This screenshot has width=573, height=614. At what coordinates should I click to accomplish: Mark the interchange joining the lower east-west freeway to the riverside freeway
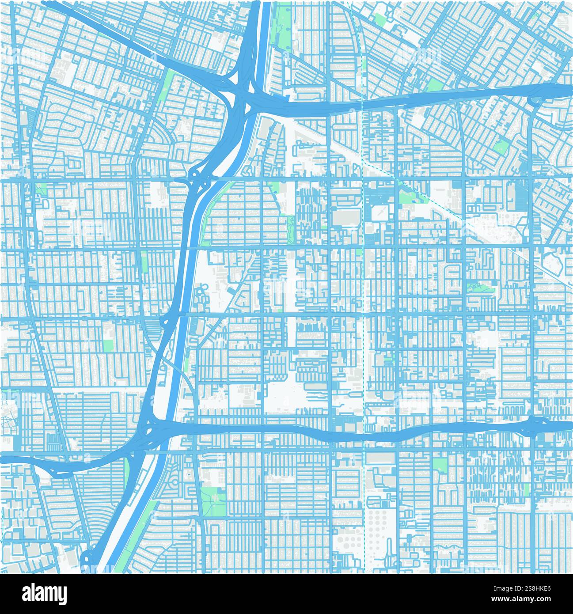pos(152,431)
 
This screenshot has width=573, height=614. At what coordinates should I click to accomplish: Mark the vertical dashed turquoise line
pos(363,309)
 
